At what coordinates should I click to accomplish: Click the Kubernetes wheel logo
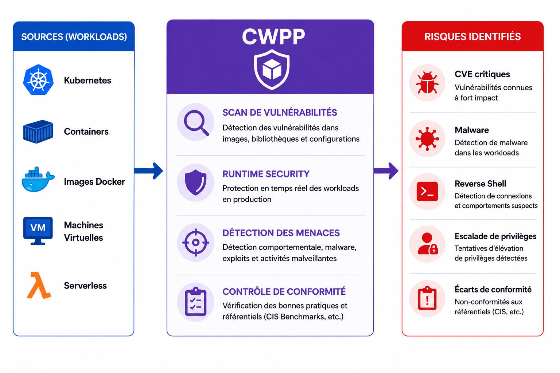click(38, 80)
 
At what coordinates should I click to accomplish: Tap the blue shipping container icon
click(38, 131)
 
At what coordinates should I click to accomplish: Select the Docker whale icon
click(38, 179)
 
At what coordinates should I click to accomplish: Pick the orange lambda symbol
click(39, 285)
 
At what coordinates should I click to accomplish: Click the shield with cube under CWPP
click(272, 70)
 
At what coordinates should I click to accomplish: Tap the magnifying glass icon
click(196, 123)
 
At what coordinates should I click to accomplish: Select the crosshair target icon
click(196, 242)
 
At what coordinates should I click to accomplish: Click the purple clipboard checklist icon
click(196, 302)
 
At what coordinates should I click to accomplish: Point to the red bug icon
click(427, 83)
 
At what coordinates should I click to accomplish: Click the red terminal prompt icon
click(427, 192)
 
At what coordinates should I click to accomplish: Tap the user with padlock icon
click(428, 244)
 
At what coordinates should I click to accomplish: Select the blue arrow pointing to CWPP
click(148, 171)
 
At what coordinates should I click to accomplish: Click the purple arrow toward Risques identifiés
click(386, 171)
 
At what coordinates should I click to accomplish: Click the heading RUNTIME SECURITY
click(266, 174)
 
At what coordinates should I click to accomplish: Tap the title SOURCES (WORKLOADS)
click(74, 37)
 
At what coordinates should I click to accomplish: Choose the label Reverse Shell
click(480, 184)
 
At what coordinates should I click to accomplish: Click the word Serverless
click(85, 286)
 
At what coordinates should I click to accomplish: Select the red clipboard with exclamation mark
click(427, 298)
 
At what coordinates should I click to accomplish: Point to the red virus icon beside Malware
click(427, 139)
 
